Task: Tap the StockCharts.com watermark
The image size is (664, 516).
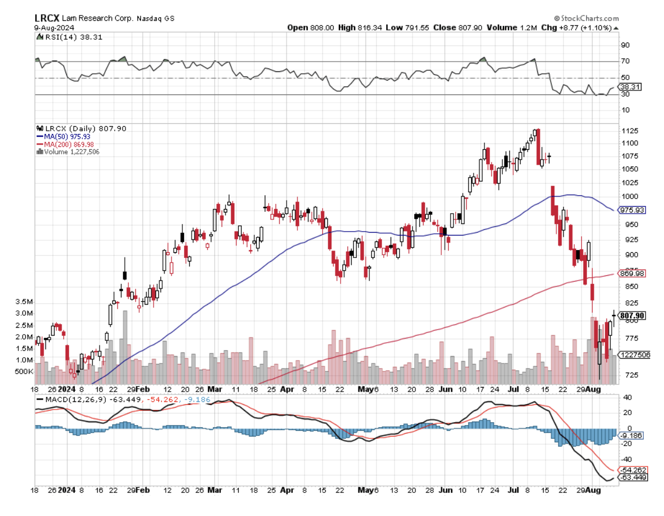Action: pyautogui.click(x=586, y=18)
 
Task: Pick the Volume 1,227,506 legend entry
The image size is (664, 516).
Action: pyautogui.click(x=68, y=151)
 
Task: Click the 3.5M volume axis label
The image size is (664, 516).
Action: pyautogui.click(x=23, y=302)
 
